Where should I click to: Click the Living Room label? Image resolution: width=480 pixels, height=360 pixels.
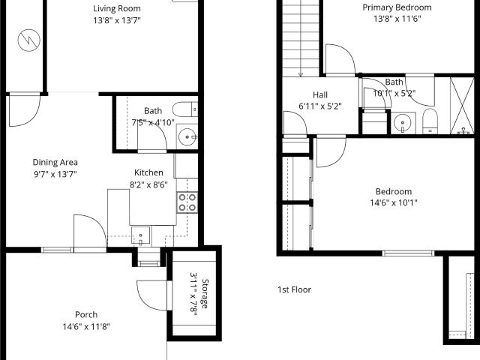pos(117,8)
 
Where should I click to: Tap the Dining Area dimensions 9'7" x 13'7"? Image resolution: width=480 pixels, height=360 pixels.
pos(55,174)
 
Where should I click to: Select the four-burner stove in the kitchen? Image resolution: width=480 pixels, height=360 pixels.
pos(187,202)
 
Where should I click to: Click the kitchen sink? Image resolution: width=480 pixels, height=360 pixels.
pos(141,235)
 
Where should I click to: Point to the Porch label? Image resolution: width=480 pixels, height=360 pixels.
pos(86,315)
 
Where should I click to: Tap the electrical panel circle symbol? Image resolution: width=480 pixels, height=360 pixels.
pos(29,40)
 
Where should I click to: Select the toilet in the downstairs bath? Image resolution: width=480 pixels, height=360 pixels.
pos(185,109)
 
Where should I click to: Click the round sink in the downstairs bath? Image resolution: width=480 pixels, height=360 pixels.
pos(187,136)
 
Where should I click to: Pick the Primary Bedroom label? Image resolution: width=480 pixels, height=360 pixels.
pos(397,7)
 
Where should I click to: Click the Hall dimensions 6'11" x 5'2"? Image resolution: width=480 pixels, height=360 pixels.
pos(320,106)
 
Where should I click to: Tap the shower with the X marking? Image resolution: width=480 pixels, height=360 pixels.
pos(462,106)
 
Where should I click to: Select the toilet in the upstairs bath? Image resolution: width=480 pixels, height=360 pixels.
pos(430,121)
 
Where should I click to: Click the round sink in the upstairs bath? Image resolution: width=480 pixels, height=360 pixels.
pos(402,123)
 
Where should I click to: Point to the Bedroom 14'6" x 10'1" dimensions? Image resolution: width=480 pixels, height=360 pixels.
pos(394,202)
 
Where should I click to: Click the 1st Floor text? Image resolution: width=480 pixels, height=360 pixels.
pos(294,289)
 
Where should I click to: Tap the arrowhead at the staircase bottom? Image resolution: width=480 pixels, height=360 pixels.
pos(301,74)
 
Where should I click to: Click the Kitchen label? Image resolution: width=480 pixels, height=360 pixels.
pos(148,172)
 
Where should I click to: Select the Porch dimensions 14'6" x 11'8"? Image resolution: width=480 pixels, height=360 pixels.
pos(86,327)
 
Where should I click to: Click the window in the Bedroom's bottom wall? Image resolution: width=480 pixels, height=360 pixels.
pos(408,253)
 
